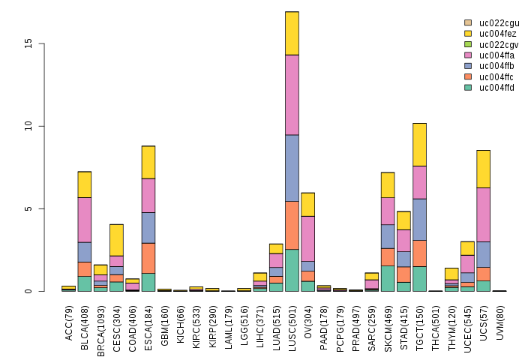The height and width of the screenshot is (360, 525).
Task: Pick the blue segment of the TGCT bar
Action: click(419, 219)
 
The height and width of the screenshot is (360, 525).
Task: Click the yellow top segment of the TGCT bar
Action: click(419, 144)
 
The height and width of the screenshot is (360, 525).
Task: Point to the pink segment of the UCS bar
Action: click(483, 214)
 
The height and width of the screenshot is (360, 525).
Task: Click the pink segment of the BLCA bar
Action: click(85, 220)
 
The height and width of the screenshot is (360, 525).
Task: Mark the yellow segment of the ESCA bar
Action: click(148, 162)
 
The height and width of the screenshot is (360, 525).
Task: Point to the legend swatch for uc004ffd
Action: click(468, 88)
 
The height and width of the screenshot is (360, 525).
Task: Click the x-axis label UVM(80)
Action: click(499, 318)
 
